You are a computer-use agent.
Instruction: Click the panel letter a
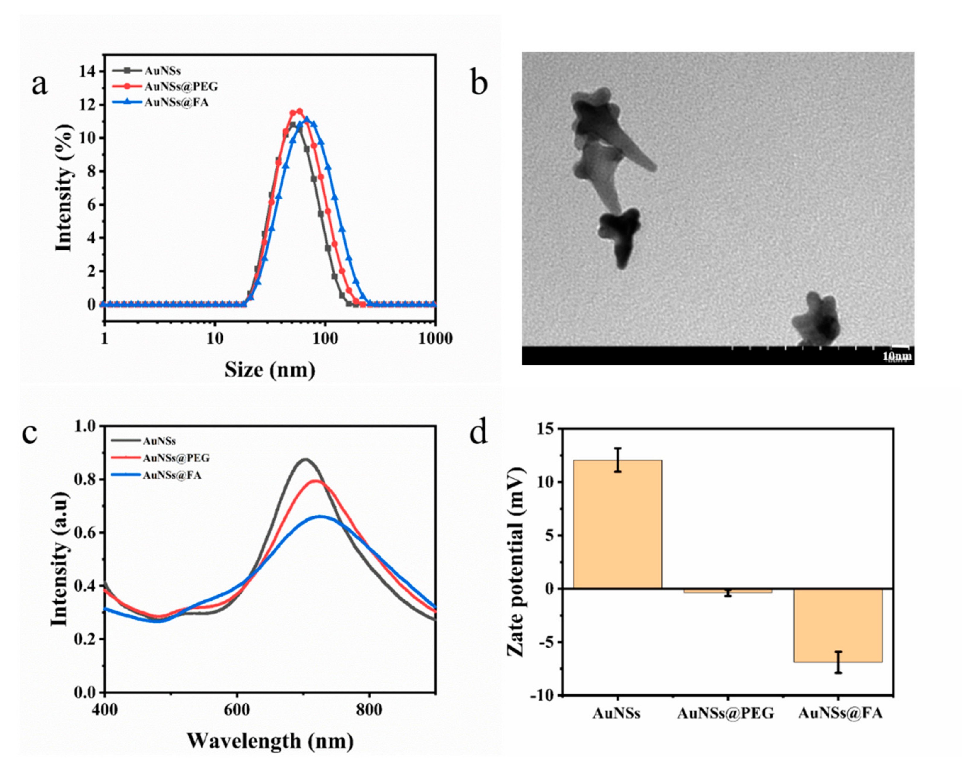click(x=39, y=85)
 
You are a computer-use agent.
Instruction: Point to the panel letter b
click(x=479, y=83)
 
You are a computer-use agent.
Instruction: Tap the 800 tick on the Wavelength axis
click(x=369, y=711)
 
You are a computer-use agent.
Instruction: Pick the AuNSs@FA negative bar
click(x=838, y=625)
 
